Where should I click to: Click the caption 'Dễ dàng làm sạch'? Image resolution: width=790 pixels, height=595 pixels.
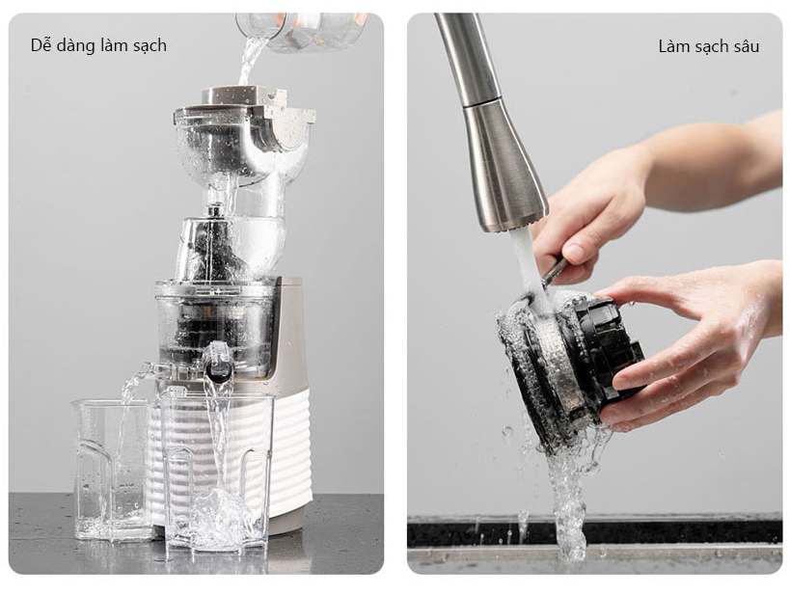click(x=98, y=46)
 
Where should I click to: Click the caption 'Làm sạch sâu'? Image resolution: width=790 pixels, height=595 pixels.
click(x=708, y=47)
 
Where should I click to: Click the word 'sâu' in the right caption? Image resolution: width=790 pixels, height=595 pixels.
click(x=746, y=47)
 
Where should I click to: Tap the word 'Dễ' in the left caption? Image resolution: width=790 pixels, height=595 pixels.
click(x=41, y=45)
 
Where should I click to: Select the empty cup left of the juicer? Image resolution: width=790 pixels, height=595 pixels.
click(x=108, y=469)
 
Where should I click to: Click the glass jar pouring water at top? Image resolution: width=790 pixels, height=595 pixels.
click(x=302, y=31)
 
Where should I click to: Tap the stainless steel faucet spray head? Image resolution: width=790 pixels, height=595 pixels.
click(x=502, y=166)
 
